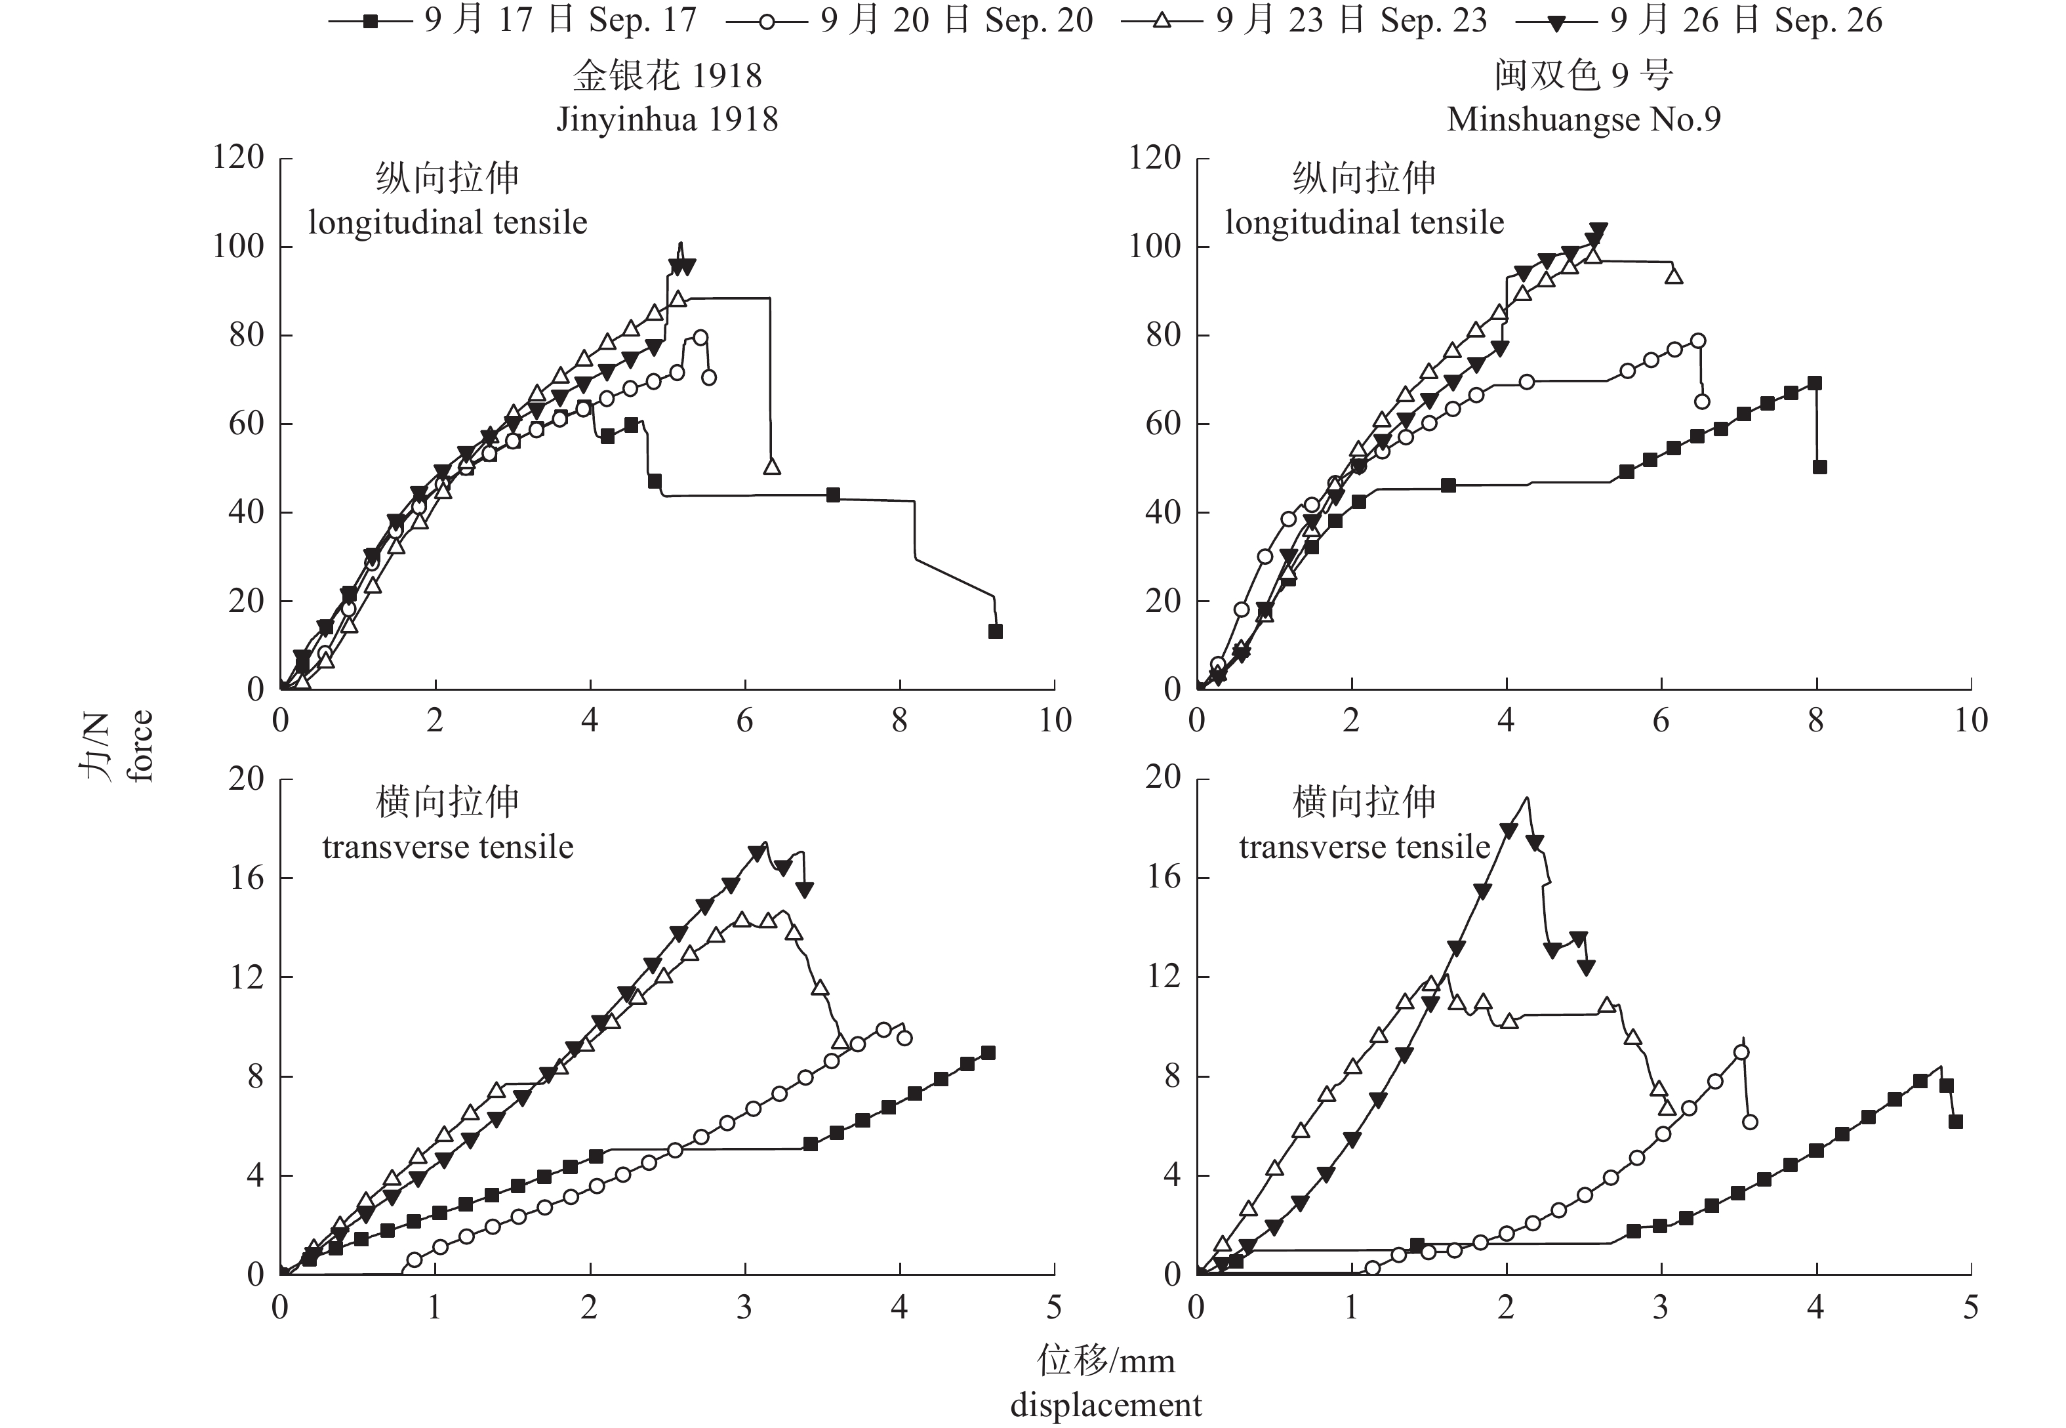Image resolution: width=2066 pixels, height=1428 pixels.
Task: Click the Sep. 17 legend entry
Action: (514, 20)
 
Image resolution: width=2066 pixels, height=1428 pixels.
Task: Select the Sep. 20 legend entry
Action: (910, 20)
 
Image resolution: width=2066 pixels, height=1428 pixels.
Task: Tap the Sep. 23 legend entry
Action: (1304, 20)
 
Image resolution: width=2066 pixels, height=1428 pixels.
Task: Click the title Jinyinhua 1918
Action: (667, 119)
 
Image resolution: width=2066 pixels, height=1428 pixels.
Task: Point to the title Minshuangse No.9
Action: (1583, 119)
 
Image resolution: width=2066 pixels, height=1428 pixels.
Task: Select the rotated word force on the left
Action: (140, 746)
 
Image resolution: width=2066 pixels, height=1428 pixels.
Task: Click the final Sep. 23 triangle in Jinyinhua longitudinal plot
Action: (772, 466)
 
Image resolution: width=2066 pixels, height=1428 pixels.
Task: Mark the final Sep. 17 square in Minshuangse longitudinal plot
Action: (1819, 467)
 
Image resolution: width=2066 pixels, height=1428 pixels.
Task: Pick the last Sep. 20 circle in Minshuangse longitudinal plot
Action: (1702, 401)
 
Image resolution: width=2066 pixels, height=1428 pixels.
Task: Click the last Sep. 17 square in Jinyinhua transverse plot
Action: (988, 1053)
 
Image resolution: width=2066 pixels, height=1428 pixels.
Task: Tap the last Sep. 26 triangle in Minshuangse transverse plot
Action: (1586, 968)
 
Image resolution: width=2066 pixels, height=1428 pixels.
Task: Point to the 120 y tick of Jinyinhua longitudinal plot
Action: (239, 157)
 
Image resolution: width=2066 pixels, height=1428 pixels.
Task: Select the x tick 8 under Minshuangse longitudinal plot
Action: (1815, 721)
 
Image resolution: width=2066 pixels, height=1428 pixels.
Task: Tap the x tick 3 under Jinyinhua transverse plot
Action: (744, 1308)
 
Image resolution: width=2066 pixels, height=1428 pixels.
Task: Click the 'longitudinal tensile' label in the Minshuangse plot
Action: (1364, 223)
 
